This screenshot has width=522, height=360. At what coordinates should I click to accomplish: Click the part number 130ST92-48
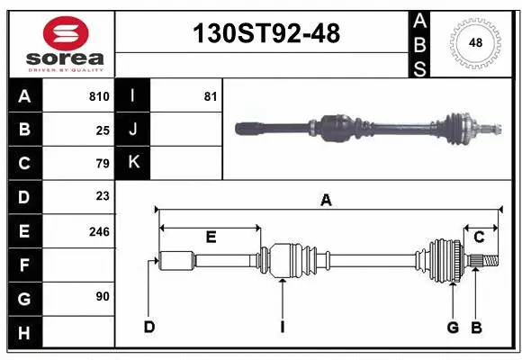pos(267,34)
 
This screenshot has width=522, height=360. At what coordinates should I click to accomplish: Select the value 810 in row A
pos(99,96)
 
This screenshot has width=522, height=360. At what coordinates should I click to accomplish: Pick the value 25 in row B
pos(102,130)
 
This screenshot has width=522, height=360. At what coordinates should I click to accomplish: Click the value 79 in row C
pos(102,164)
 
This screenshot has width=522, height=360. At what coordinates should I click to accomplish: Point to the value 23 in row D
pos(102,196)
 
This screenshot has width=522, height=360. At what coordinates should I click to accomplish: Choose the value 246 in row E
pos(99,231)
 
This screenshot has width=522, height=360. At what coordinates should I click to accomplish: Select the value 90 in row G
pos(102,296)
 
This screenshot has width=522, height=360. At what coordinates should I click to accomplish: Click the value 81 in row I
pos(210,96)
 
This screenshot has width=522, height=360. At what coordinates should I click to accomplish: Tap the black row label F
pos(24,265)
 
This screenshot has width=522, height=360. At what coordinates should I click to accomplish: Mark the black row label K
pos(133,163)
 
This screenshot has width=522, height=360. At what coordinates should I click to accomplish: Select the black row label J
pos(133,130)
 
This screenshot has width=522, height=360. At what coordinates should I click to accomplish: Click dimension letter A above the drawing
pos(326,202)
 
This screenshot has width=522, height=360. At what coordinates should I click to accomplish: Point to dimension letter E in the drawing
pos(211,238)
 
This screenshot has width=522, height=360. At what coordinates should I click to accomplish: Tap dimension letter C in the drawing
pos(479,237)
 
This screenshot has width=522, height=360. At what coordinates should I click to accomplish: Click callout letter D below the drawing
pos(148,327)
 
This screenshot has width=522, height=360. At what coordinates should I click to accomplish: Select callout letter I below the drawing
pos(282,327)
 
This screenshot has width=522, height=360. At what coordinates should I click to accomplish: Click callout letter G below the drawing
pos(453,327)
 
